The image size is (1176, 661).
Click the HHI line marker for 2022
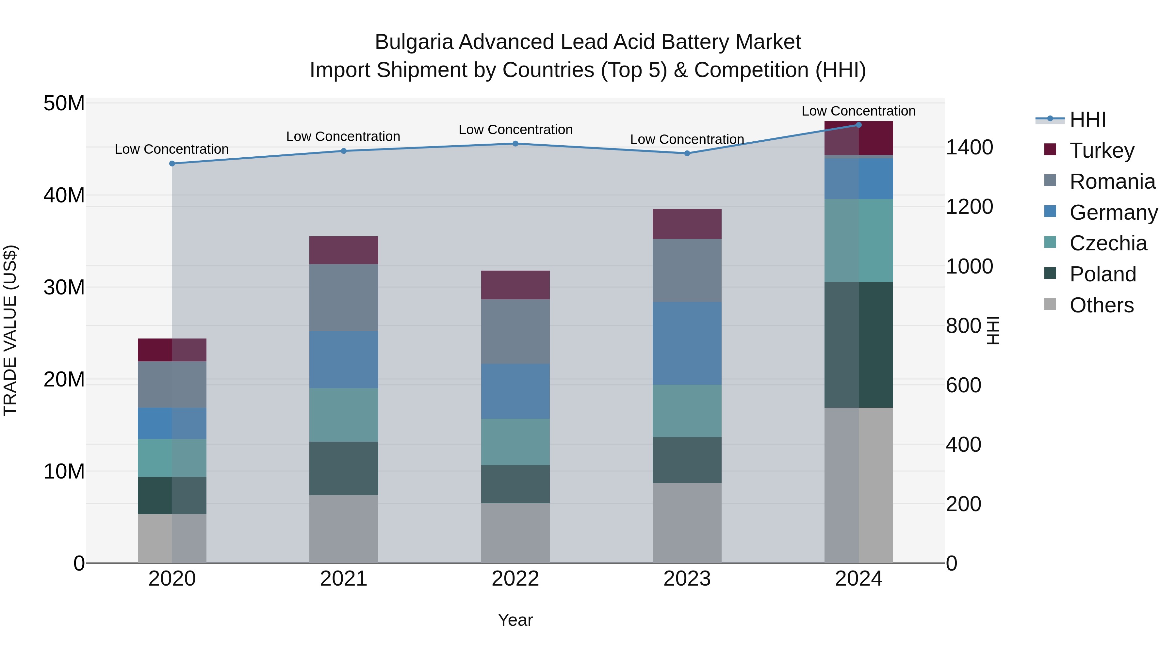(x=515, y=144)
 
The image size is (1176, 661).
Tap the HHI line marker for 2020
(x=172, y=163)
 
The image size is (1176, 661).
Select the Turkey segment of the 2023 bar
(x=687, y=224)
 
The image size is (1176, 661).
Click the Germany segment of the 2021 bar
(x=344, y=359)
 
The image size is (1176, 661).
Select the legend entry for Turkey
(x=1102, y=150)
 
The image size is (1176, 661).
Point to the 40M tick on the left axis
(x=64, y=195)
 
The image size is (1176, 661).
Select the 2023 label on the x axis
(x=687, y=579)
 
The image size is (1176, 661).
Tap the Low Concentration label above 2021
(x=343, y=136)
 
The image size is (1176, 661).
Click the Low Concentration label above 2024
(x=858, y=111)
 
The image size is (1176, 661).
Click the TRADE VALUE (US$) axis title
(x=10, y=330)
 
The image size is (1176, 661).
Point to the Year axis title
(x=515, y=620)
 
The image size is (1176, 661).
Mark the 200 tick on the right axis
(x=963, y=504)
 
